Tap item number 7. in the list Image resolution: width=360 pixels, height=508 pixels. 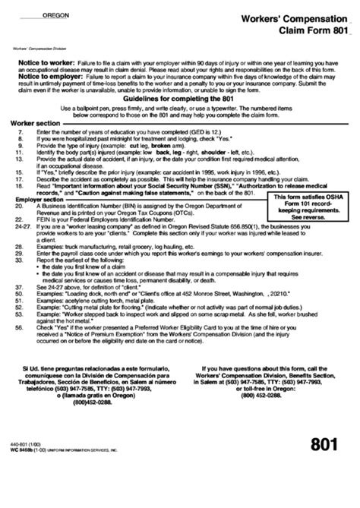click(18, 131)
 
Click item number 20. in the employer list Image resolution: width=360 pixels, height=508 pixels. click(18, 206)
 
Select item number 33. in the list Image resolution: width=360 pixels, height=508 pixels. click(18, 262)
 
